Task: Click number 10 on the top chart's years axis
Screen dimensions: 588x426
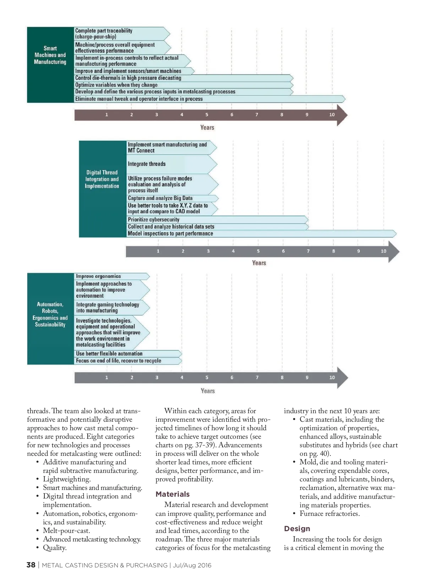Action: pos(332,115)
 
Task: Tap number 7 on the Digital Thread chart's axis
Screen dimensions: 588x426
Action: pos(308,251)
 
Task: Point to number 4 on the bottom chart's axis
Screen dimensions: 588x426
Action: pos(182,377)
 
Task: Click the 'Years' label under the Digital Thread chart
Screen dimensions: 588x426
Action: pos(259,263)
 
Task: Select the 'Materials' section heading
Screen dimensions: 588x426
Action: pos(173,494)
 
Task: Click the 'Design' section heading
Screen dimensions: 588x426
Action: pos(297,529)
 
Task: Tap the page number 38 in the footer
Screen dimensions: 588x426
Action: pos(31,565)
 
